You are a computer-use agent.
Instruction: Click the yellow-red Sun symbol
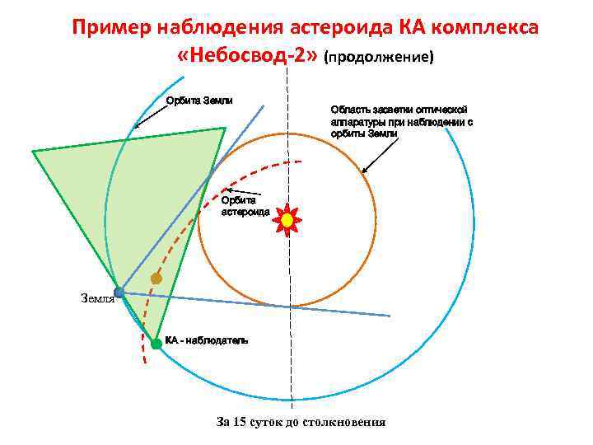coord(287,220)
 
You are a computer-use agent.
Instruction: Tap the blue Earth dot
coord(119,292)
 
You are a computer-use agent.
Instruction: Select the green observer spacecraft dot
coord(156,344)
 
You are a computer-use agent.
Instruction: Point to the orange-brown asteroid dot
coord(156,279)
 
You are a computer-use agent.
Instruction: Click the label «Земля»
coord(96,298)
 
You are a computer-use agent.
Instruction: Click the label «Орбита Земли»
coord(199,101)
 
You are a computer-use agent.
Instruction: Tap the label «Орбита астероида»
coord(245,205)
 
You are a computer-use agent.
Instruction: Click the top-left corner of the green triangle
coord(34,151)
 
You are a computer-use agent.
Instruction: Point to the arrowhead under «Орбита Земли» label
coord(137,126)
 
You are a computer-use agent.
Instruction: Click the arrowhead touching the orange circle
coord(364,171)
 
